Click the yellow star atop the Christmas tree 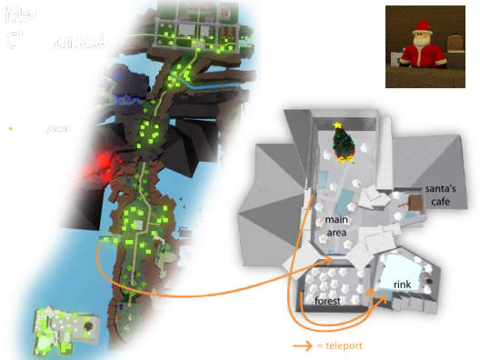pyautogui.click(x=338, y=125)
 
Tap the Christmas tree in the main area pyautogui.click(x=343, y=145)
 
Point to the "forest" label pyautogui.click(x=328, y=299)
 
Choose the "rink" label pyautogui.click(x=403, y=285)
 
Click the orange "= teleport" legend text pyautogui.click(x=342, y=345)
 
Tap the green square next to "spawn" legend pyautogui.click(x=10, y=128)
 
